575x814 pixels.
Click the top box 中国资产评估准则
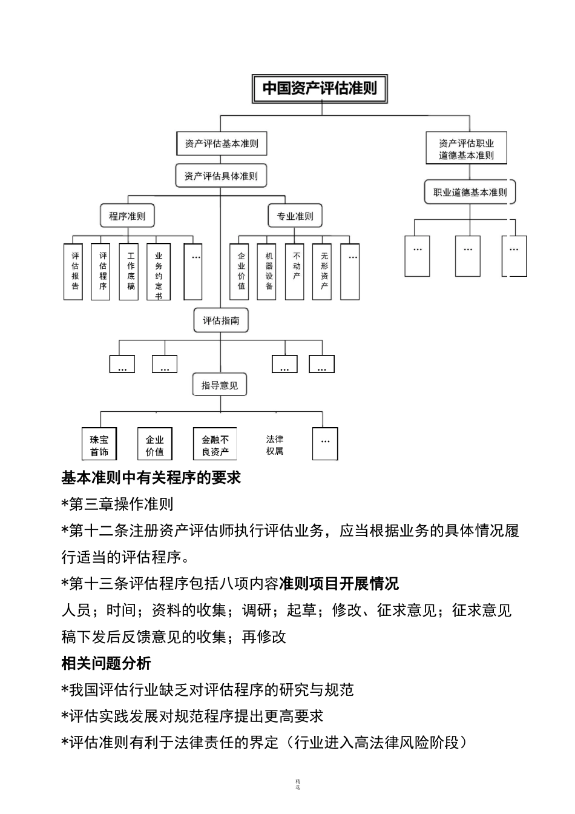pyautogui.click(x=319, y=88)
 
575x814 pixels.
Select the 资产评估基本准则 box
pyautogui.click(x=222, y=144)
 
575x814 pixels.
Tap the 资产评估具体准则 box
pyautogui.click(x=221, y=176)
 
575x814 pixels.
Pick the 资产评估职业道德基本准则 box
pyautogui.click(x=466, y=149)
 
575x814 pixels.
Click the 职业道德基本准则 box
pyautogui.click(x=470, y=193)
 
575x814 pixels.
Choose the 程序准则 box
pyautogui.click(x=127, y=216)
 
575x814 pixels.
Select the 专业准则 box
pyautogui.click(x=295, y=216)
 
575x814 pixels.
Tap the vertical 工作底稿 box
pyautogui.click(x=131, y=271)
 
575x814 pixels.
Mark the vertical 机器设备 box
pyautogui.click(x=269, y=271)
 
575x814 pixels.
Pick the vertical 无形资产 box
pyautogui.click(x=324, y=271)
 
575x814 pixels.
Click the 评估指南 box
pyautogui.click(x=221, y=320)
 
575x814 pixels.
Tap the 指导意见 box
pyautogui.click(x=220, y=385)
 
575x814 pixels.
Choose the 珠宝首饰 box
pyautogui.click(x=99, y=445)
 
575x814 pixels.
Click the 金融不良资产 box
pyautogui.click(x=215, y=445)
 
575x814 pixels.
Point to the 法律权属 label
pyautogui.click(x=275, y=445)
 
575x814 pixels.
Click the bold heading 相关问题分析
pyautogui.click(x=107, y=663)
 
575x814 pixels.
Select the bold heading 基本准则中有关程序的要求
pyautogui.click(x=151, y=478)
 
